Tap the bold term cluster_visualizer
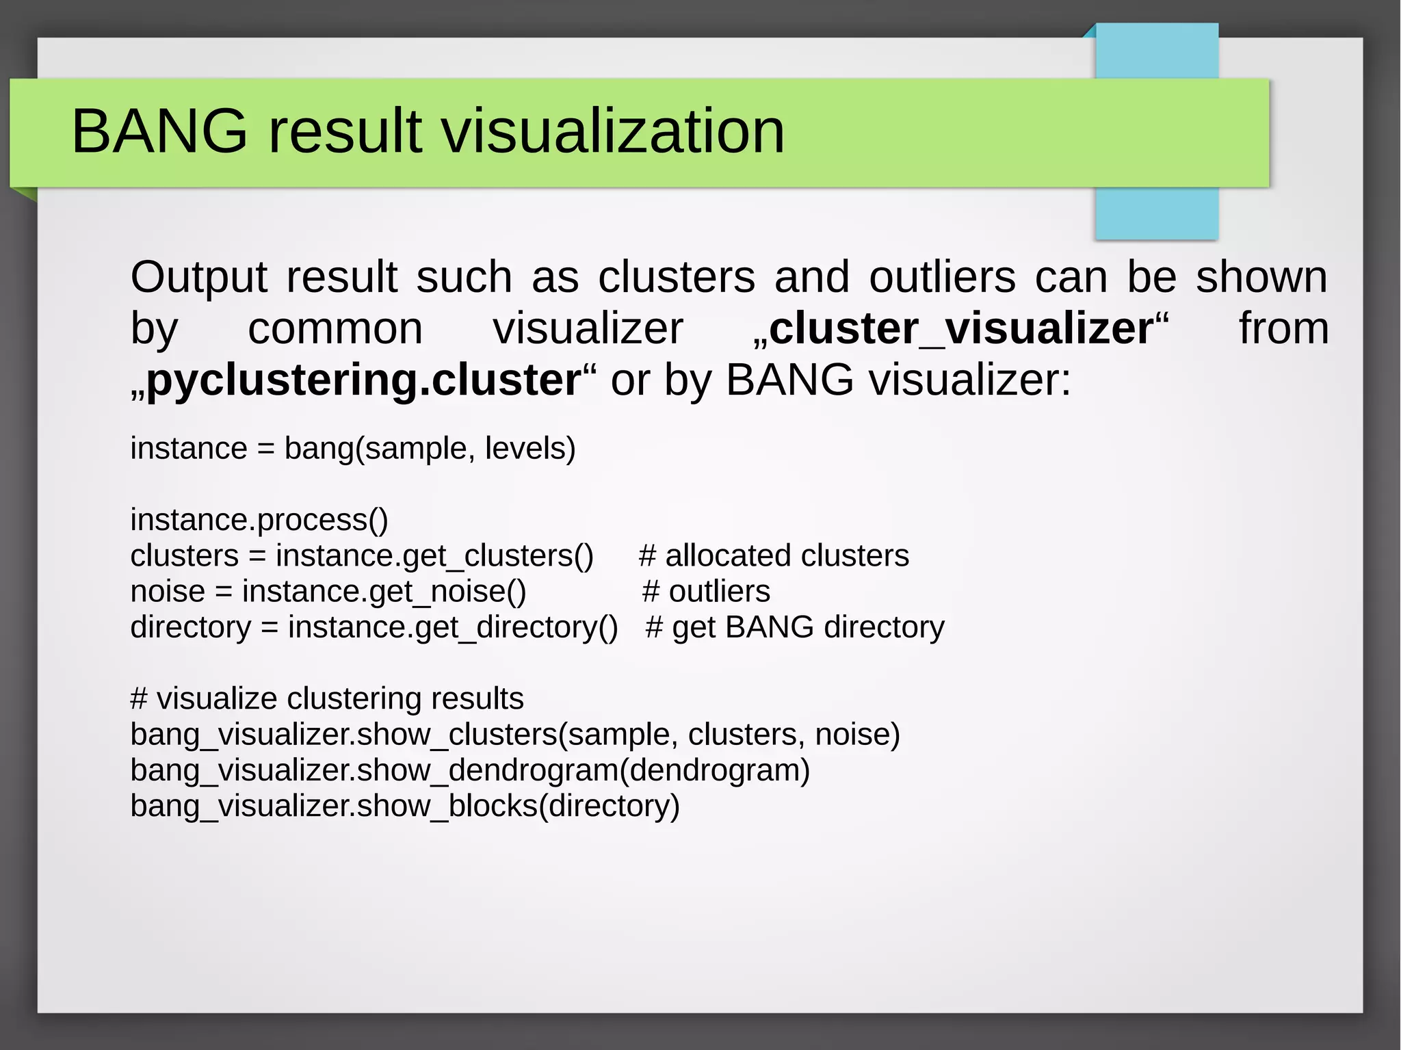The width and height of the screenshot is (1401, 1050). pyautogui.click(x=961, y=328)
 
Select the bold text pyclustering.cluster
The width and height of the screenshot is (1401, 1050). pyautogui.click(x=363, y=380)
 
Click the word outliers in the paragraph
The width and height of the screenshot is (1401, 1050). pyautogui.click(x=942, y=277)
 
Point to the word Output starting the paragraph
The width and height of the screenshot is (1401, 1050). pyautogui.click(x=198, y=277)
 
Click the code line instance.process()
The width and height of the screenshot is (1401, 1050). pyautogui.click(x=259, y=520)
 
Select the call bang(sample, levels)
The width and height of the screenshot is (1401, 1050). pyautogui.click(x=430, y=449)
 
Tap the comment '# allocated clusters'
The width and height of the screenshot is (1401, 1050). pyautogui.click(x=774, y=555)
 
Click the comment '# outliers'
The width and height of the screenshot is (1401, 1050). pyautogui.click(x=706, y=591)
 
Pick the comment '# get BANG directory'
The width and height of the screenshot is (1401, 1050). pyautogui.click(x=795, y=627)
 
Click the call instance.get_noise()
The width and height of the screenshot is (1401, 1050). pyautogui.click(x=384, y=591)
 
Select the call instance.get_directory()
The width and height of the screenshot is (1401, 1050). pyautogui.click(x=453, y=627)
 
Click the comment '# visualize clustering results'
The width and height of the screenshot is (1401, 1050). pyautogui.click(x=327, y=698)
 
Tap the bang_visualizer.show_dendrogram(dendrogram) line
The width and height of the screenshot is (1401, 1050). pyautogui.click(x=470, y=770)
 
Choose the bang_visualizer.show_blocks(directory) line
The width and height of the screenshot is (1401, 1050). pyautogui.click(x=405, y=806)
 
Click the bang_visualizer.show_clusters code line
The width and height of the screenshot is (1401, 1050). pyautogui.click(x=515, y=735)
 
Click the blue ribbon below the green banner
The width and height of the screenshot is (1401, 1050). pyautogui.click(x=1156, y=213)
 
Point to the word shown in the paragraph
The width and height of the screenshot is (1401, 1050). pyautogui.click(x=1261, y=277)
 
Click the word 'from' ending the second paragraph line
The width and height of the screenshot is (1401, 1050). pyautogui.click(x=1283, y=328)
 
